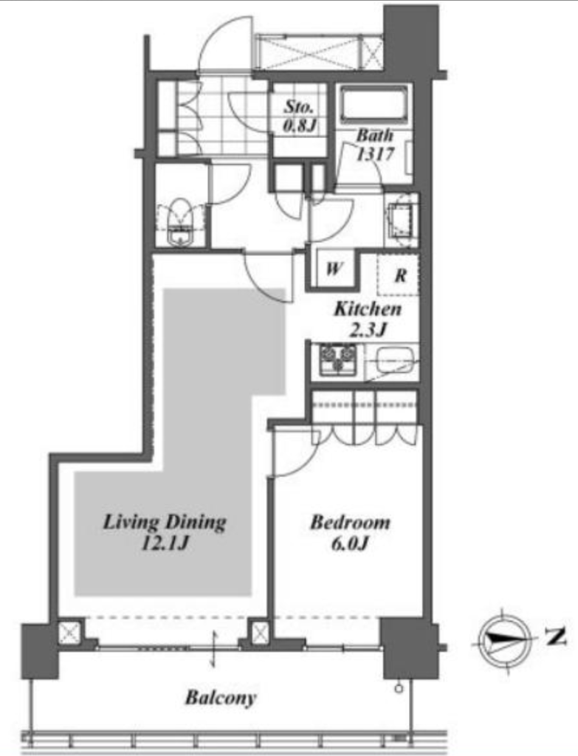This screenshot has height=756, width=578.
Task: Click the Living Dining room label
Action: pyautogui.click(x=165, y=522)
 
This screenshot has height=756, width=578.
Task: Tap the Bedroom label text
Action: pyautogui.click(x=350, y=522)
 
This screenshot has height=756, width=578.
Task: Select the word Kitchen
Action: pyautogui.click(x=368, y=309)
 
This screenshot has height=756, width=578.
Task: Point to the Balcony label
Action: pyautogui.click(x=221, y=698)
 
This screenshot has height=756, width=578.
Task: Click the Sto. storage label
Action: pyautogui.click(x=299, y=106)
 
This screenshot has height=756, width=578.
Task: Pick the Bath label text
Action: pyautogui.click(x=374, y=136)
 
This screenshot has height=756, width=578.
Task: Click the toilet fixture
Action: pyautogui.click(x=180, y=221)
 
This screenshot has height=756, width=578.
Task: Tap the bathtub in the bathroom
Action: pyautogui.click(x=374, y=105)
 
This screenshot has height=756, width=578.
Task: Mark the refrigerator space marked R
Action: pyautogui.click(x=398, y=275)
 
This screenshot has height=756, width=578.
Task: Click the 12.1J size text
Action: pyautogui.click(x=165, y=543)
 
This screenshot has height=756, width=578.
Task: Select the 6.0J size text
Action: pyautogui.click(x=350, y=543)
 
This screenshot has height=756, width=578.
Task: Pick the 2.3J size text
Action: pyautogui.click(x=368, y=330)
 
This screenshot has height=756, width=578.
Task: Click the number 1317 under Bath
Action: pyautogui.click(x=376, y=154)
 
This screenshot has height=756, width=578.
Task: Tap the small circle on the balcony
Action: pyautogui.click(x=398, y=689)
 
